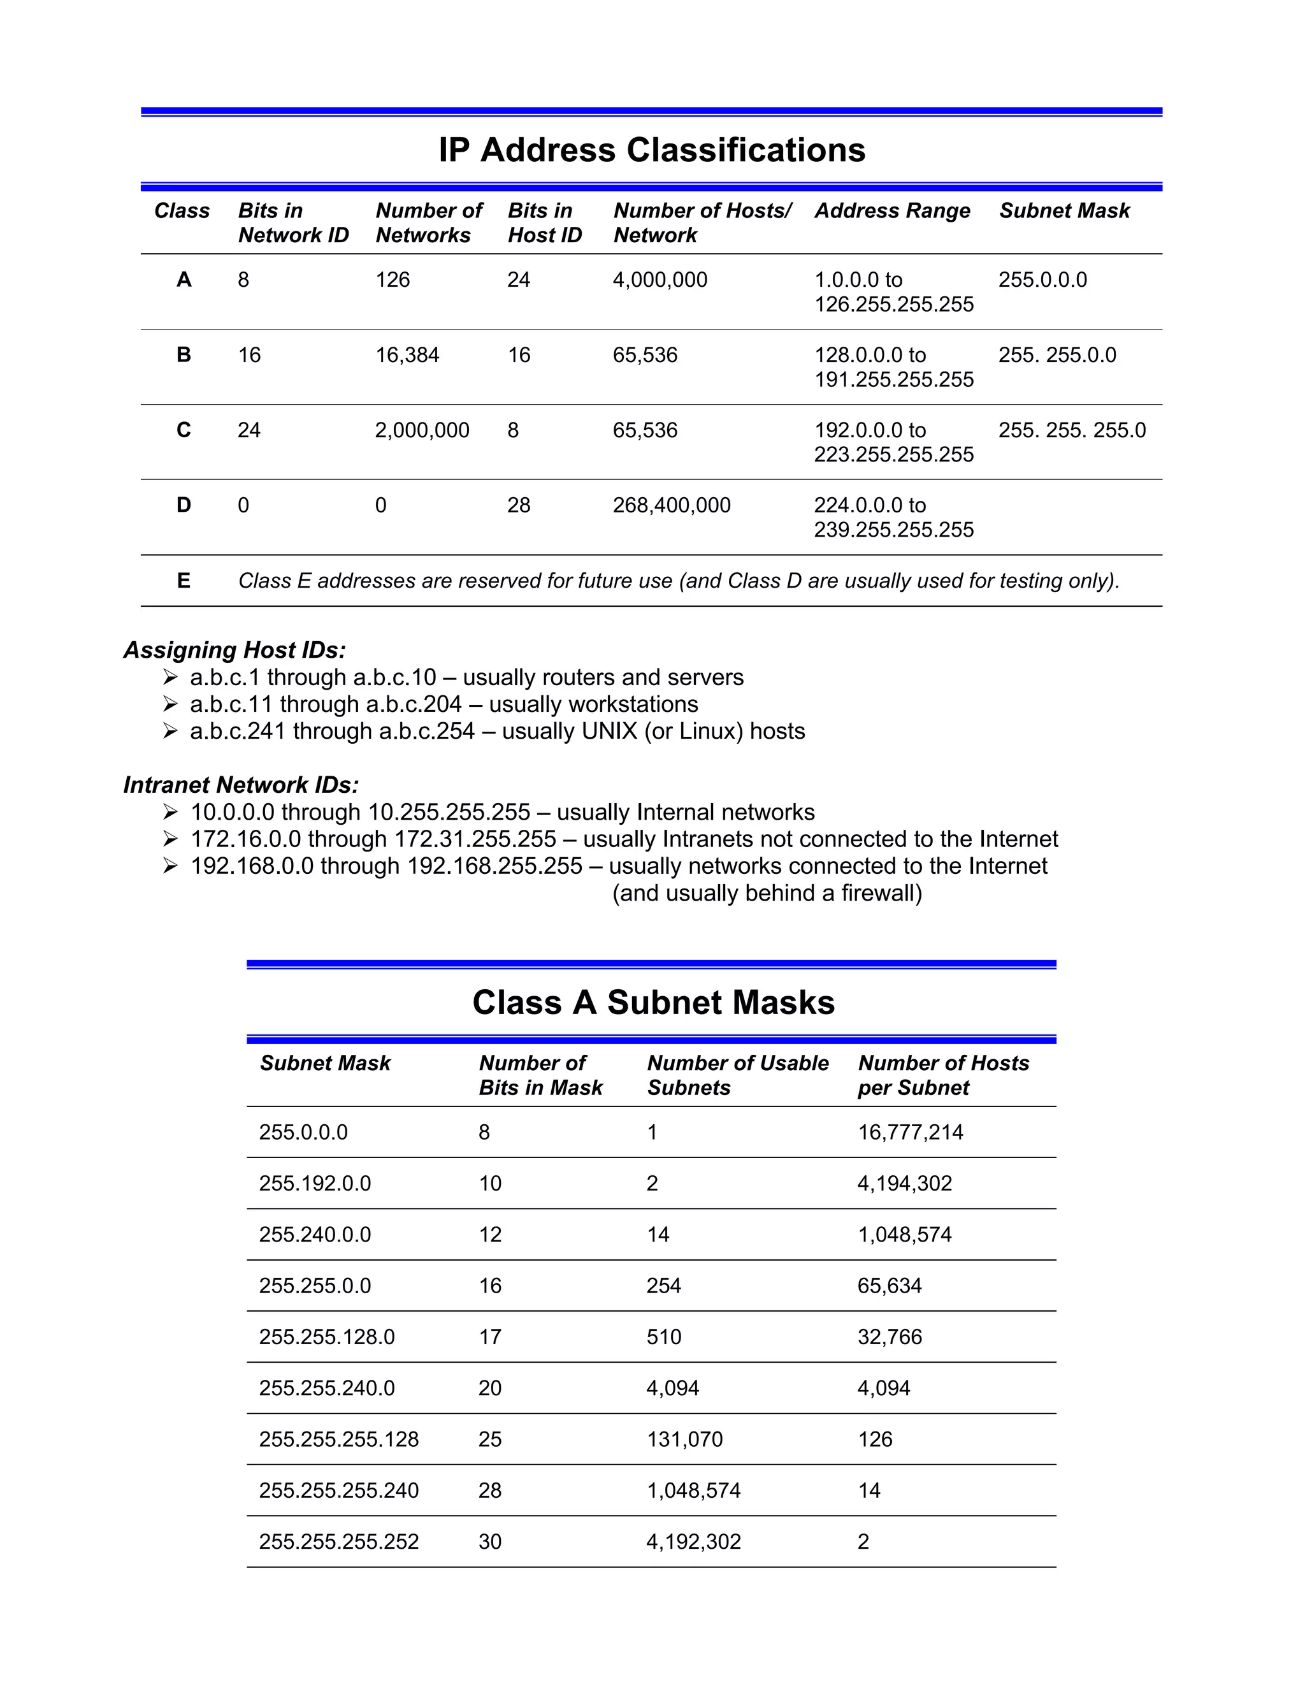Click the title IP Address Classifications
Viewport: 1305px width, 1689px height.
tap(652, 150)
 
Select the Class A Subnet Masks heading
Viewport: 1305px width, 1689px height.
tap(653, 1003)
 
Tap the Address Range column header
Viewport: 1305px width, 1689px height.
tap(892, 211)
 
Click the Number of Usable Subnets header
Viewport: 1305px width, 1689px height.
tap(737, 1075)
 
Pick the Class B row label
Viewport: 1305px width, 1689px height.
tap(184, 355)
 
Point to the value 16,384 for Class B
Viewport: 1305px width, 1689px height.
tap(407, 355)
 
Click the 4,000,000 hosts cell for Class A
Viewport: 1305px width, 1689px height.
tap(660, 280)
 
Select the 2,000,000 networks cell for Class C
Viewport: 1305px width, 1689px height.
tap(422, 430)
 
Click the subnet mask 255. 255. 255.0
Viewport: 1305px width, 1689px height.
tap(1072, 430)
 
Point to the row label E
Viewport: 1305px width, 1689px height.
tap(184, 581)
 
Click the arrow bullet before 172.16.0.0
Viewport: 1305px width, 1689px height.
tap(171, 839)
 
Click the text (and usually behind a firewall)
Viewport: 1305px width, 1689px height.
tap(767, 893)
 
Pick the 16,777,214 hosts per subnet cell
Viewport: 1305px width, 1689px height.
tap(910, 1132)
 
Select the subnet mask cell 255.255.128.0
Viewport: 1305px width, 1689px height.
tap(326, 1337)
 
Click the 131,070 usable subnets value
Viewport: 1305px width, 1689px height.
tap(684, 1439)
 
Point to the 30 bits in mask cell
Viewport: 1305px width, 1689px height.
tap(490, 1541)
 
